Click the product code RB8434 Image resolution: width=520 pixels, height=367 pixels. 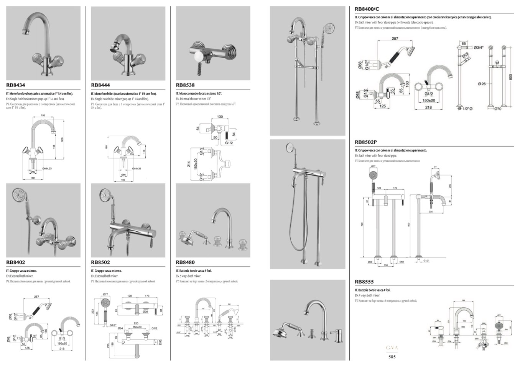click(16, 85)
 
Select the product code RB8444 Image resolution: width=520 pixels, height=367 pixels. click(100, 85)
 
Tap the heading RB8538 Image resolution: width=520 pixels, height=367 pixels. click(185, 85)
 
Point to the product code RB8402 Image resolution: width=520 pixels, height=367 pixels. click(16, 263)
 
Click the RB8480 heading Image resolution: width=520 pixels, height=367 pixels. click(185, 263)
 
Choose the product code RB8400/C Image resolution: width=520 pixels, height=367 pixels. click(367, 9)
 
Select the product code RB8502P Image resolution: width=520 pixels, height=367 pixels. click(366, 142)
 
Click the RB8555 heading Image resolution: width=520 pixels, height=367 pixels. click(364, 282)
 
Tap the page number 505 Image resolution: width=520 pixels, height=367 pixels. click(392, 357)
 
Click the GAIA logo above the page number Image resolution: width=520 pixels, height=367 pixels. click(392, 348)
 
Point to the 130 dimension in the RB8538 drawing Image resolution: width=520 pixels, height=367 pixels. click(220, 117)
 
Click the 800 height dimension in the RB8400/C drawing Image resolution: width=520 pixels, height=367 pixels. click(510, 77)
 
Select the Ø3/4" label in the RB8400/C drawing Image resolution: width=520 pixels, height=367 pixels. click(478, 47)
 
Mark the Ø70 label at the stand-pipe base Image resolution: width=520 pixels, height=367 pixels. click(497, 109)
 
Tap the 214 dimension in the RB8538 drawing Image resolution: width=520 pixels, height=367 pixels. click(189, 164)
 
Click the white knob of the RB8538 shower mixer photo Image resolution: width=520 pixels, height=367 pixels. click(199, 57)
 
